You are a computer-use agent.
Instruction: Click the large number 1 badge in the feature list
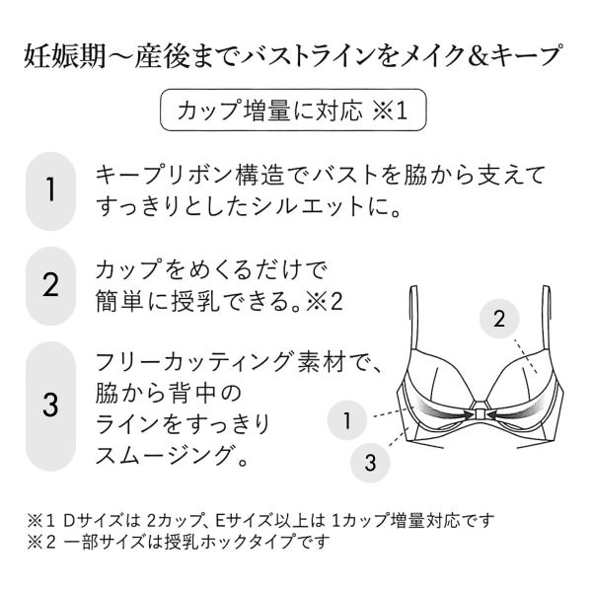click(x=50, y=191)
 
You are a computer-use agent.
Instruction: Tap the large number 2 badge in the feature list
click(x=50, y=286)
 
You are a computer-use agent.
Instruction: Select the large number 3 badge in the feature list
click(x=50, y=406)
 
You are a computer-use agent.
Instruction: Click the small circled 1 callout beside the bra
click(x=347, y=420)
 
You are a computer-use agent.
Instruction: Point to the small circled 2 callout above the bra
click(x=499, y=319)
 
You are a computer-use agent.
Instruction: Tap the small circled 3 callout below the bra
click(x=370, y=462)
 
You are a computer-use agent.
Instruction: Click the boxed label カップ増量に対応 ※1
click(x=293, y=111)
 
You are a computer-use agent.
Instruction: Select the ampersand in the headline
click(x=480, y=56)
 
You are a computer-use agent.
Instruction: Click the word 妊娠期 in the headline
click(x=64, y=56)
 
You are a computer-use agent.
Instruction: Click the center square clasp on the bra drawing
click(x=480, y=414)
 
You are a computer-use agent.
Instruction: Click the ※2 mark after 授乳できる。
click(x=324, y=301)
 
